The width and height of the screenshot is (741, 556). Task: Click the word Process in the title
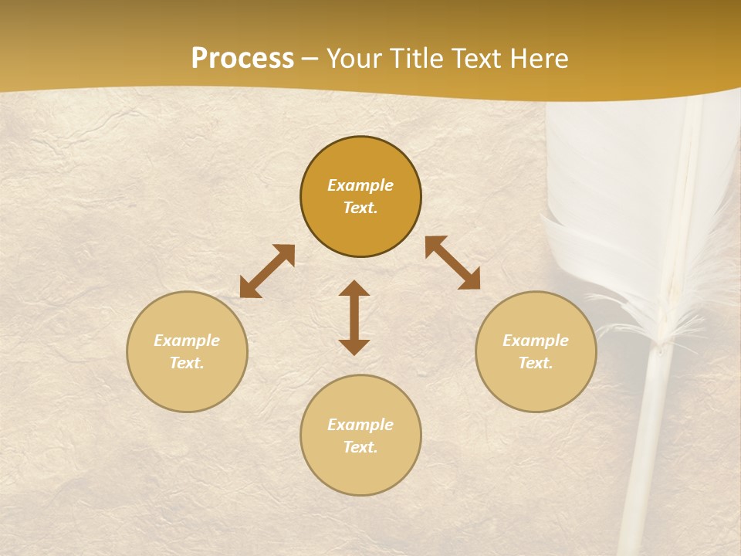coord(242,59)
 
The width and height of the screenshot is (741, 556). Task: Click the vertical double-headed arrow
coord(354,317)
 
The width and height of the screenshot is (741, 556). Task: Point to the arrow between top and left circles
coord(267,271)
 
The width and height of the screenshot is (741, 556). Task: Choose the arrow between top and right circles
coord(452,263)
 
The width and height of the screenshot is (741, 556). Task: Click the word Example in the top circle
coord(360,185)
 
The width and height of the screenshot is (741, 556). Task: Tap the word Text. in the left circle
coord(187,363)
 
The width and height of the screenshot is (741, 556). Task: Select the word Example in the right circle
coord(536,341)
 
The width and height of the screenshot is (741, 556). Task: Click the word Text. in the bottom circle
coord(360,447)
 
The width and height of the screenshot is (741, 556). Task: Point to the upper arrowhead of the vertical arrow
coord(354,289)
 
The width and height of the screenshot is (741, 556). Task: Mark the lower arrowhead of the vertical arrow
coord(354,347)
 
